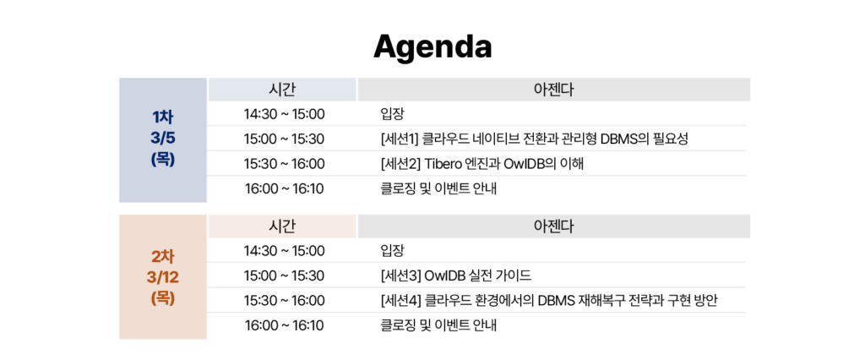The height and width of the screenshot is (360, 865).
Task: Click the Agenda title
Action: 432,46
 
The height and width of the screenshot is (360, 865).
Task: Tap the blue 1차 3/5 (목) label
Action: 162,139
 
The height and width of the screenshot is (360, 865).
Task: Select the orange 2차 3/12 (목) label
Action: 162,275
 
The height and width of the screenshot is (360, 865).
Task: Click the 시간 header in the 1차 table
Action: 282,90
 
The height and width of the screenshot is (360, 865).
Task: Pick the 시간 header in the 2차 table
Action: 282,226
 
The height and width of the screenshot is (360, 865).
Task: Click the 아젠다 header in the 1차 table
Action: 553,90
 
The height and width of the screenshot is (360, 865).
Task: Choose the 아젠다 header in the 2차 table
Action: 553,226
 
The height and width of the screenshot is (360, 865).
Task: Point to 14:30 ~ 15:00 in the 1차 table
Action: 284,114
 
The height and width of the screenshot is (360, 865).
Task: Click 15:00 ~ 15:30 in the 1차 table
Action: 284,139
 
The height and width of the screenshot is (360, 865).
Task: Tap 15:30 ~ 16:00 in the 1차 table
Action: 284,163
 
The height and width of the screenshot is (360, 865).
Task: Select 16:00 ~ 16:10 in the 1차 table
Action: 284,188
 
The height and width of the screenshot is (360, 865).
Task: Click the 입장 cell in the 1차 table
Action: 393,114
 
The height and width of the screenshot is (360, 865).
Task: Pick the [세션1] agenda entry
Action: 534,139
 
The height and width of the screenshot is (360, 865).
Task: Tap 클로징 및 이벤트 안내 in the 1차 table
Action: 438,188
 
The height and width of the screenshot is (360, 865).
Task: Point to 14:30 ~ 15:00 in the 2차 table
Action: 284,251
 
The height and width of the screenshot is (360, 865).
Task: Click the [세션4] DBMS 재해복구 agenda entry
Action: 549,300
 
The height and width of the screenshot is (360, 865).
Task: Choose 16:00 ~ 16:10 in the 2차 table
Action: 284,325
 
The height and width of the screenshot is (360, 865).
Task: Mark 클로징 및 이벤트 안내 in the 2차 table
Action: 438,325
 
